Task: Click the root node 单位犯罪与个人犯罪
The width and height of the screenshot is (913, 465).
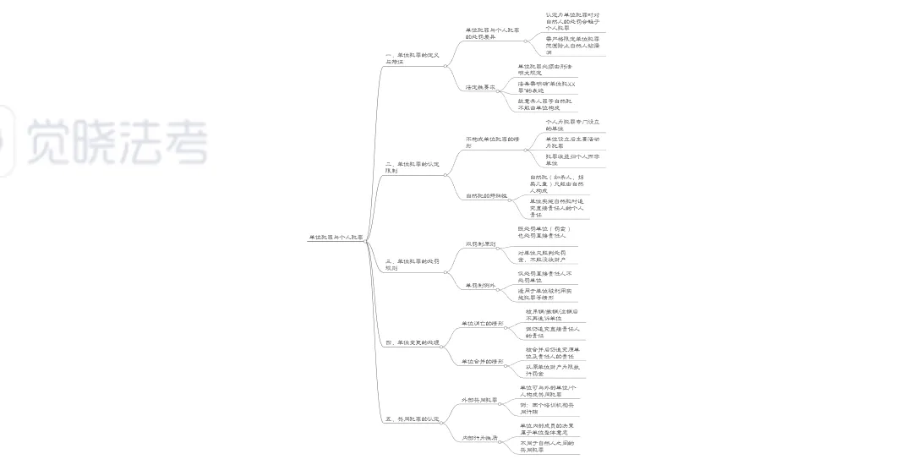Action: tap(336, 238)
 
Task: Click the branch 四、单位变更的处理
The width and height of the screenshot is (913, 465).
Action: tap(412, 342)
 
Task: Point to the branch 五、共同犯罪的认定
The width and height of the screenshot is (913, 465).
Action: tap(412, 418)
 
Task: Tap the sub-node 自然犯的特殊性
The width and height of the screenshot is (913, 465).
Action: tap(485, 195)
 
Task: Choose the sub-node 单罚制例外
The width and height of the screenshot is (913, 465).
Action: tap(480, 286)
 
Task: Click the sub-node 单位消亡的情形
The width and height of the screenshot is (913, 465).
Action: tap(482, 324)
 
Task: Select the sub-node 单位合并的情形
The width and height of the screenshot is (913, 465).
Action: tap(482, 362)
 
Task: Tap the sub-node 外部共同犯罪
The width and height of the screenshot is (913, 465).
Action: tap(478, 399)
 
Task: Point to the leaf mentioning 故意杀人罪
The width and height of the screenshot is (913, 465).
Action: tap(545, 104)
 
